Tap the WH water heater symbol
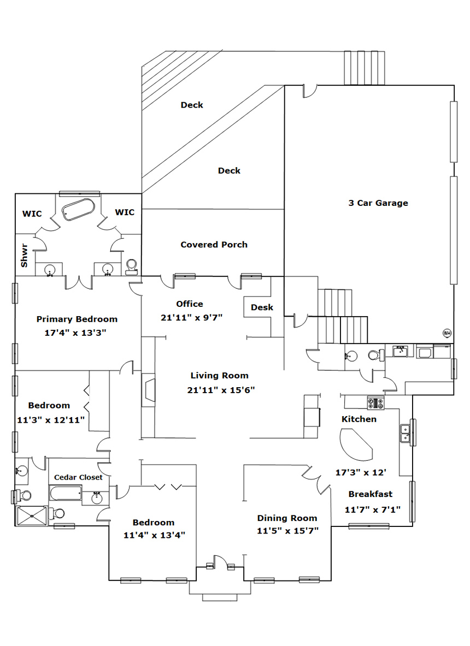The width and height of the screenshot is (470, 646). point(446,332)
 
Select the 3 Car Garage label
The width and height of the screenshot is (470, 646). point(378,203)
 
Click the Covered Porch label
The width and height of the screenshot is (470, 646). point(214,245)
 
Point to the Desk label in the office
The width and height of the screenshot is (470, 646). point(262,307)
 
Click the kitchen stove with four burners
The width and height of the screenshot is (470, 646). point(376,403)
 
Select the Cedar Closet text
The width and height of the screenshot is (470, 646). point(78,477)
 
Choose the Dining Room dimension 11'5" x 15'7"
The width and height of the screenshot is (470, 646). point(287,530)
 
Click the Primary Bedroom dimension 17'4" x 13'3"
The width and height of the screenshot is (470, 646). point(77,332)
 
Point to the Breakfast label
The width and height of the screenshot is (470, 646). point(371,494)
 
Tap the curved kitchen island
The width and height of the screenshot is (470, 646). point(356,443)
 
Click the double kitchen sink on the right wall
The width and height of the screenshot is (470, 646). point(406,432)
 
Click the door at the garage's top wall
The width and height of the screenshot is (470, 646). point(308,91)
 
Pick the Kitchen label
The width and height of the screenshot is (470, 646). point(359,419)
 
